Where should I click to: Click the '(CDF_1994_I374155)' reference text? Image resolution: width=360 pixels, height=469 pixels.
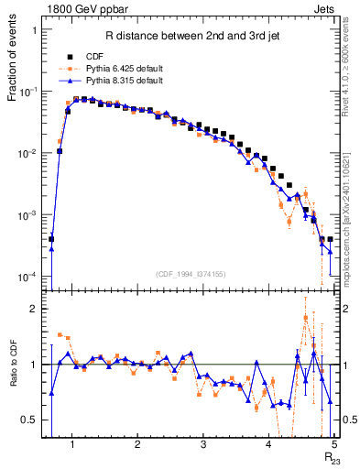(x=190, y=272)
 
